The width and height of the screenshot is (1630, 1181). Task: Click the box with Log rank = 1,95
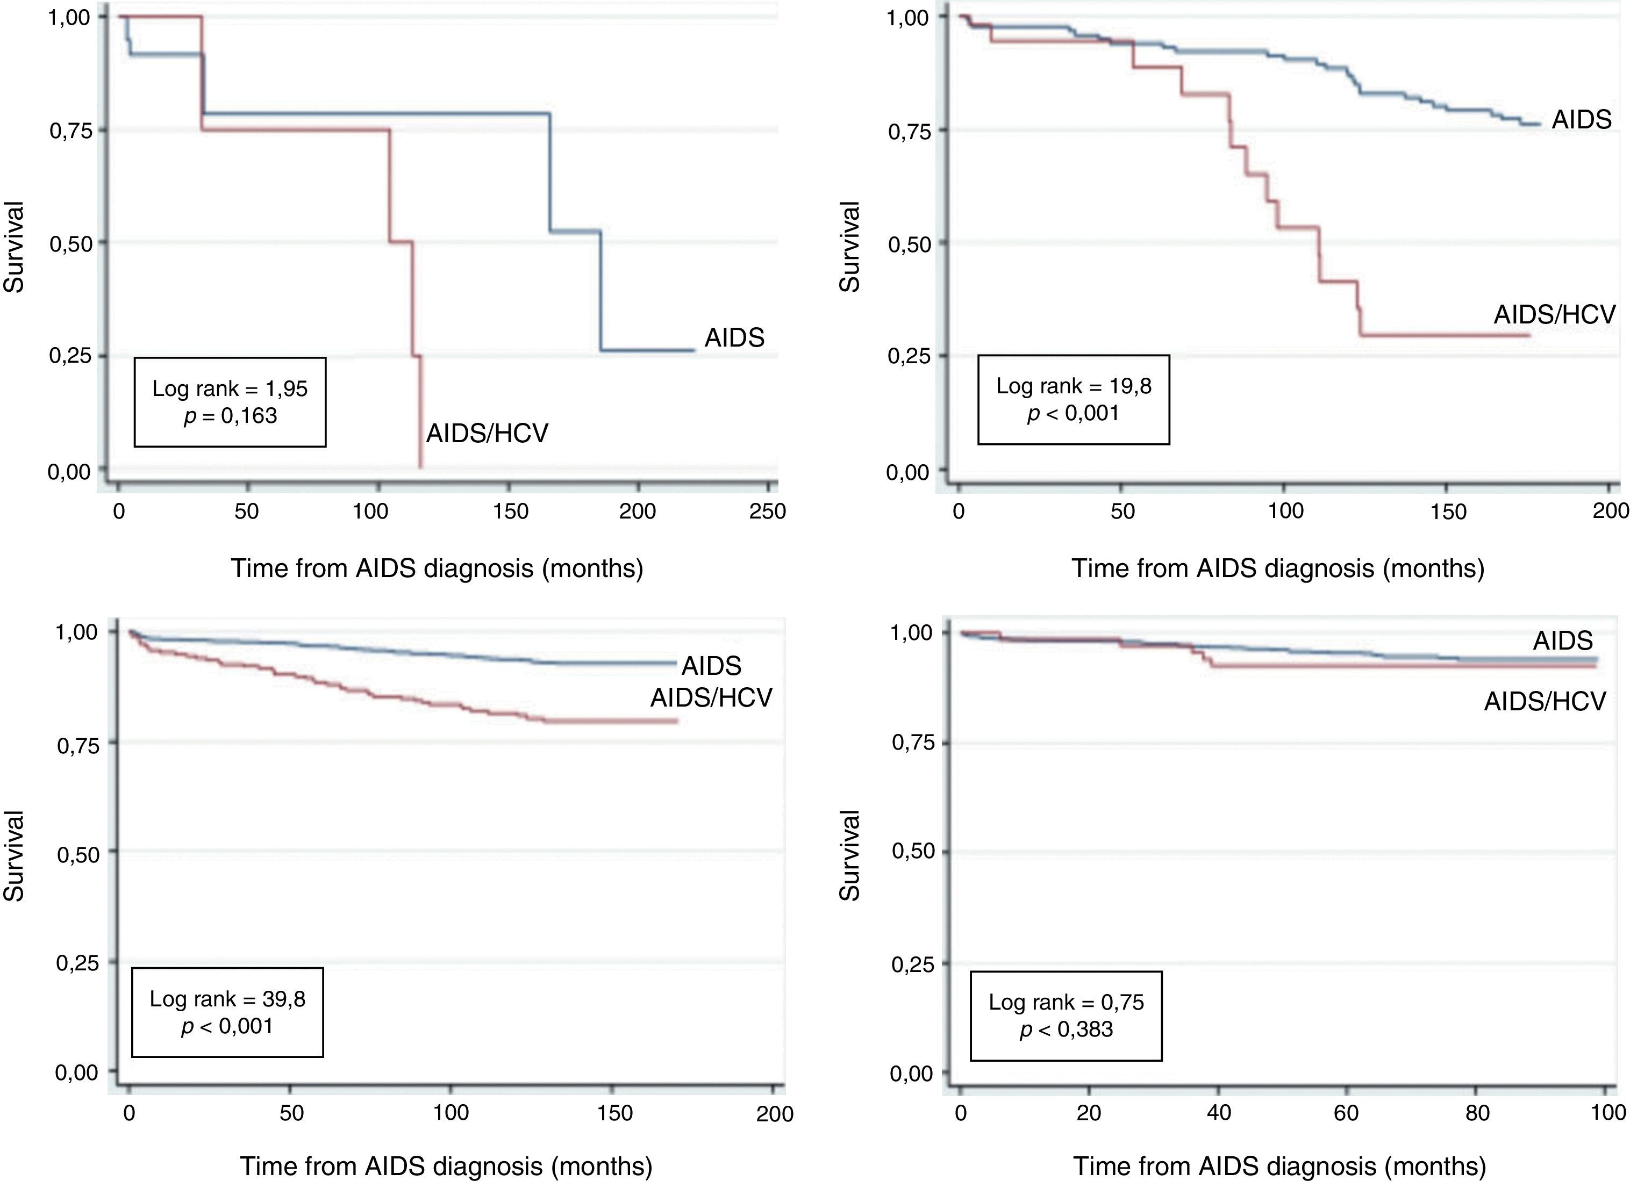click(x=230, y=402)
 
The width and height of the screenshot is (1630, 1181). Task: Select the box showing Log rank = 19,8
click(x=1073, y=399)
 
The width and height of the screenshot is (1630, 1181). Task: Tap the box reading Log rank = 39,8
click(x=227, y=1012)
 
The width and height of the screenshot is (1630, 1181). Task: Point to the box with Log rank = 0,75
click(x=1066, y=1016)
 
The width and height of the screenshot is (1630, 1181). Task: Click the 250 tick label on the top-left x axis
click(x=768, y=512)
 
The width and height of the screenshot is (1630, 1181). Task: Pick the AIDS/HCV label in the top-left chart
click(x=487, y=433)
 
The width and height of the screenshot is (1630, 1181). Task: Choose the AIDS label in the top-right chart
click(x=1581, y=119)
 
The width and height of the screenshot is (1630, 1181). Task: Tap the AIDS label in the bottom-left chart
click(x=711, y=666)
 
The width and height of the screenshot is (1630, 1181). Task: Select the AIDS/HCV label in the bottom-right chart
click(x=1545, y=701)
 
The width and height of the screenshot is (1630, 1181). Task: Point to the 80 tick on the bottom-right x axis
click(x=1477, y=1113)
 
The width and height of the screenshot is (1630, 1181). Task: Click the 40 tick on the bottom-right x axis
click(x=1219, y=1113)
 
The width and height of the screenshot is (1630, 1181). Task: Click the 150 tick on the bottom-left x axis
click(x=615, y=1113)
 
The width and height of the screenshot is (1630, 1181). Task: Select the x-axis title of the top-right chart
click(x=1278, y=568)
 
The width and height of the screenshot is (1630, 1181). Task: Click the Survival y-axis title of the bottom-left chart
click(x=15, y=855)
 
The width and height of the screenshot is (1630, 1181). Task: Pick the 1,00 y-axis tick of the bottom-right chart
click(x=911, y=633)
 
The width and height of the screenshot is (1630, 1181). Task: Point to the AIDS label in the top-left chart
click(x=734, y=337)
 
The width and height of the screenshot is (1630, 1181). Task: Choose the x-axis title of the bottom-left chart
click(x=446, y=1166)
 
